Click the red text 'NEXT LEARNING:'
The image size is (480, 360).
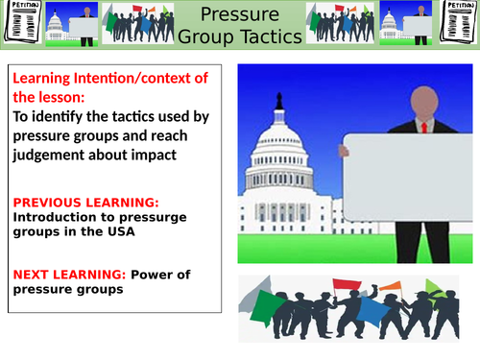(x=60, y=274)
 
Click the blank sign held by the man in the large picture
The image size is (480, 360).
(x=409, y=177)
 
